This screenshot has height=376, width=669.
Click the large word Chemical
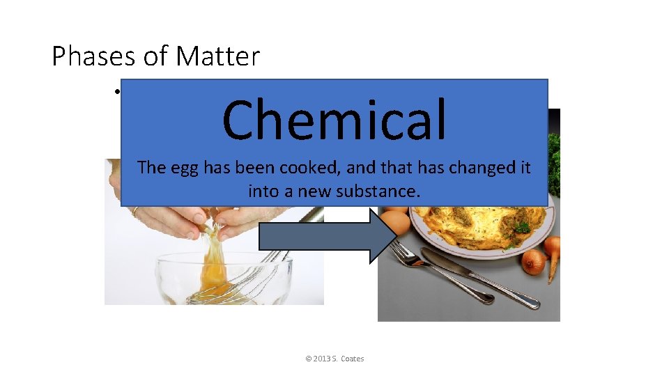pos(334,119)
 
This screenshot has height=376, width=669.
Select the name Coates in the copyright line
pos(353,359)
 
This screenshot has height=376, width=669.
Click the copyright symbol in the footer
pos(308,359)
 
